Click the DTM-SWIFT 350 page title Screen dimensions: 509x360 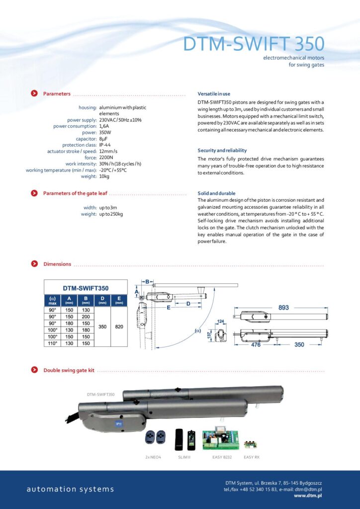point(254,44)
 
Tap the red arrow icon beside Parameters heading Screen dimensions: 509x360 point(34,93)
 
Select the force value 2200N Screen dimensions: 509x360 point(105,157)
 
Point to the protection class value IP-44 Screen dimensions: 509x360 point(105,145)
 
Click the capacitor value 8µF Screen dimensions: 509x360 point(104,139)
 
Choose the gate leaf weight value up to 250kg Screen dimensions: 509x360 point(111,214)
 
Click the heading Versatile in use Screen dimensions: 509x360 point(214,93)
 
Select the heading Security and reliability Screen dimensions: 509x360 point(222,150)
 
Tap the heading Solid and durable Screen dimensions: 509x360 point(216,193)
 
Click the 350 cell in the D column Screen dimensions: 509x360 point(102,327)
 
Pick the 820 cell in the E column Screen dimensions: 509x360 point(119,327)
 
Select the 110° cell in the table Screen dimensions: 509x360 point(53,343)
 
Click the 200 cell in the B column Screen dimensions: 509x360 point(86,316)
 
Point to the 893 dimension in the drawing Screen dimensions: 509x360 point(283,308)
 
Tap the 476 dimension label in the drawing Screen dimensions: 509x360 point(257,344)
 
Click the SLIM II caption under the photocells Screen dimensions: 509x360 point(184,456)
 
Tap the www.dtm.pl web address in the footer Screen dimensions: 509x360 point(308,495)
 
